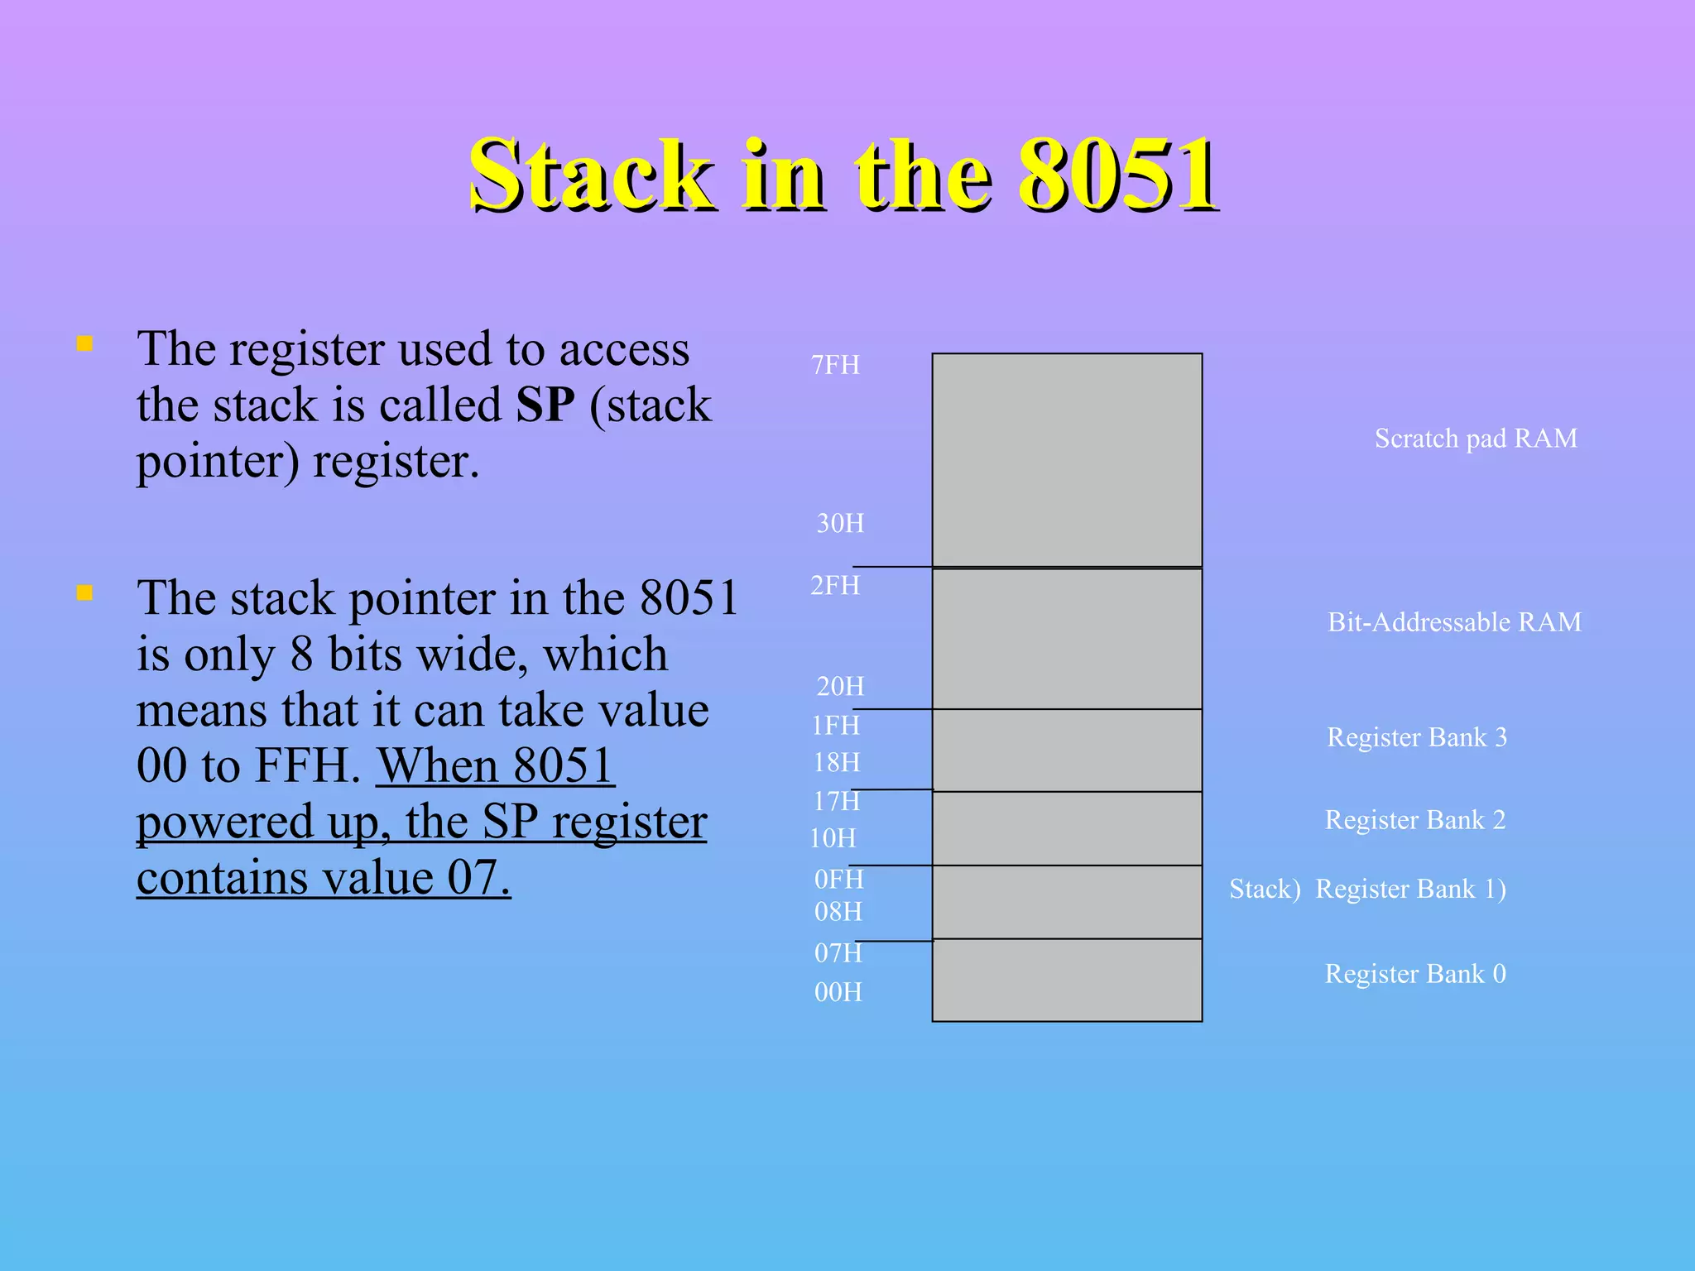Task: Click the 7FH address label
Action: [x=835, y=365]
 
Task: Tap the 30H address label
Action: [x=840, y=523]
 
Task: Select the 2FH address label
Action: [x=835, y=586]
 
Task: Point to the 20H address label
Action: [x=840, y=686]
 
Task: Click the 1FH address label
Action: [x=835, y=726]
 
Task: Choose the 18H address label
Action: [x=836, y=762]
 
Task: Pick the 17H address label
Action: [x=836, y=801]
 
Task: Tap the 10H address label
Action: [x=833, y=838]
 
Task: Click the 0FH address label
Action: [x=838, y=879]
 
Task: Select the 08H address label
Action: [x=838, y=912]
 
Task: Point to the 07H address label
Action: [x=838, y=953]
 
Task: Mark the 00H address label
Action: [x=838, y=992]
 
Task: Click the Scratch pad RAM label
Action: [x=1476, y=439]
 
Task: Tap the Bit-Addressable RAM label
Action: [x=1454, y=622]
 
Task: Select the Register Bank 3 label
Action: [x=1416, y=737]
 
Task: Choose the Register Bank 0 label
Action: [x=1415, y=974]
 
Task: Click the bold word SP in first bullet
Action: [x=545, y=405]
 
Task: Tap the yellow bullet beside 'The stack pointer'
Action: [x=84, y=592]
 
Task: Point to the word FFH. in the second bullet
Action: [x=307, y=765]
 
